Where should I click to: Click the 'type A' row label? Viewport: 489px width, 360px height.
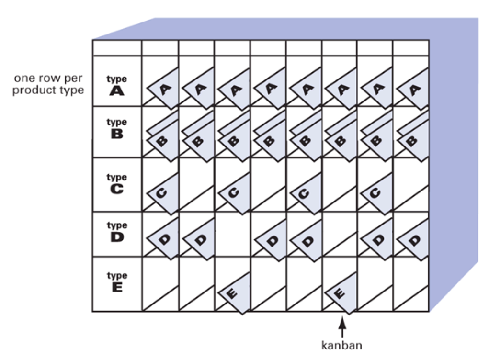pos(117,85)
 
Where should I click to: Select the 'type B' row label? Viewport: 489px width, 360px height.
pos(117,128)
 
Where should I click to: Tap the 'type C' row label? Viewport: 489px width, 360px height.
pos(117,183)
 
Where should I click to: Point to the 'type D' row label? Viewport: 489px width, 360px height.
pos(117,232)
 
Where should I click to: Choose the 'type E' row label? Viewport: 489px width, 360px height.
pos(117,282)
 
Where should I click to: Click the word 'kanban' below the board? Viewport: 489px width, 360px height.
pos(342,345)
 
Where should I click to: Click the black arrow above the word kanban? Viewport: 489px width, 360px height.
pos(342,327)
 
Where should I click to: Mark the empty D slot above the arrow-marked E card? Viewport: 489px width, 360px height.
pos(339,235)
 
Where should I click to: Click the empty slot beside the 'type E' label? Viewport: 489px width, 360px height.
pos(160,284)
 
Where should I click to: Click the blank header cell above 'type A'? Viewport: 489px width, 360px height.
pos(117,48)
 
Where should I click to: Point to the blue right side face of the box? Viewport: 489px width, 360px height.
pos(454,156)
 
